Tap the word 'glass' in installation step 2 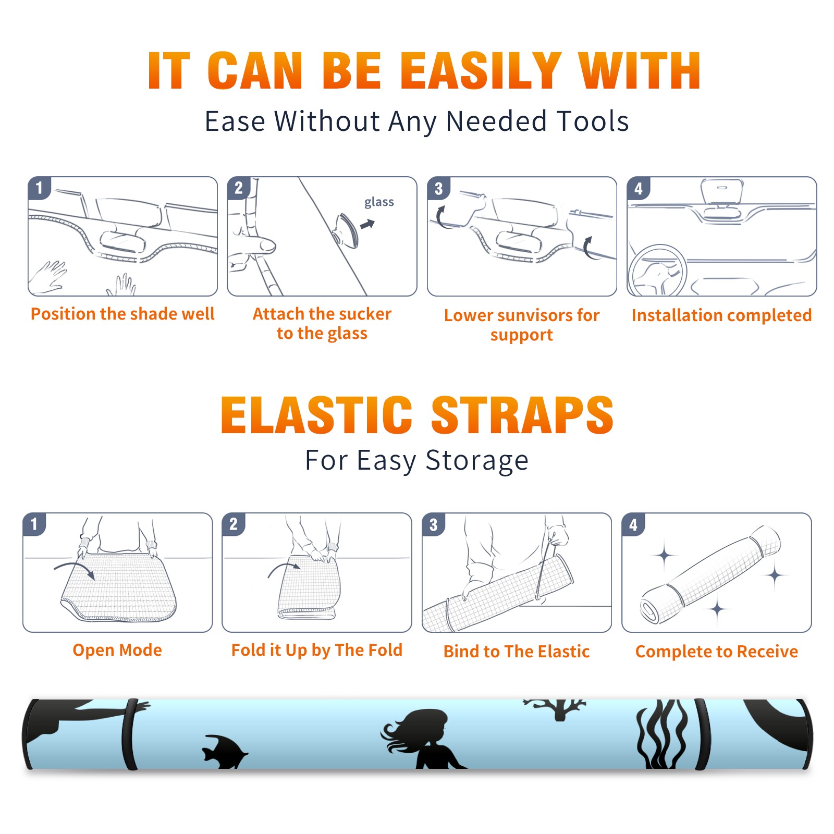[x=379, y=202]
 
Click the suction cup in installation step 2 [x=347, y=230]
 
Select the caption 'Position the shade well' [x=122, y=314]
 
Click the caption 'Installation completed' [x=721, y=315]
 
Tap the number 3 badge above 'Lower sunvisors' [x=438, y=188]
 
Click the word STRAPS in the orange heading [x=522, y=415]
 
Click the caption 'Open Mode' [x=117, y=650]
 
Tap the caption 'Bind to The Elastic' [x=517, y=652]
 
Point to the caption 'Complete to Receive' [x=717, y=652]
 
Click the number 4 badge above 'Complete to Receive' [x=633, y=524]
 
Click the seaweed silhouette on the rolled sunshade [x=662, y=735]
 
